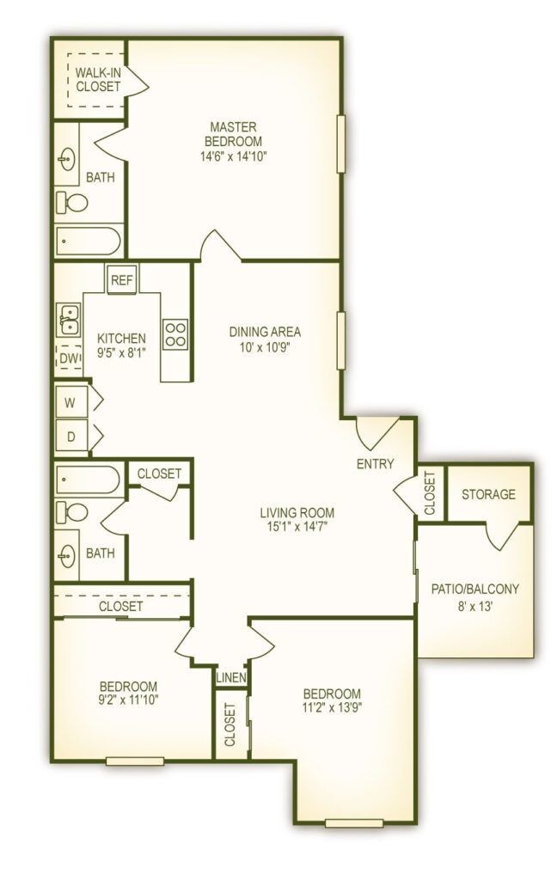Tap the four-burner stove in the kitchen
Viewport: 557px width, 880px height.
click(x=175, y=333)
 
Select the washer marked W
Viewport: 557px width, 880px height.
click(x=71, y=400)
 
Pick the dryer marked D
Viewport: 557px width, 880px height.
click(x=71, y=436)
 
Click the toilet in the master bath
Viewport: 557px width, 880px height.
click(x=73, y=203)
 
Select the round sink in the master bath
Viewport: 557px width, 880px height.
click(x=68, y=160)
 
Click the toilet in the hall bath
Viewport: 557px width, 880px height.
click(x=73, y=513)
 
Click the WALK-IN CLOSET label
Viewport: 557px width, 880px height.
click(x=97, y=79)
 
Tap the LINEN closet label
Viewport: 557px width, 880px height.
click(x=231, y=677)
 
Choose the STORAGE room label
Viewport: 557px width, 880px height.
click(x=488, y=494)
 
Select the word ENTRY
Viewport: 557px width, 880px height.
click(x=376, y=464)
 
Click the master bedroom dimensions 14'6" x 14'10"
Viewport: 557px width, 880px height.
click(x=233, y=156)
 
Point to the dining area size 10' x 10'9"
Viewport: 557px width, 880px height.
click(x=265, y=348)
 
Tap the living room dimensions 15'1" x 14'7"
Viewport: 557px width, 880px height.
click(x=297, y=529)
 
